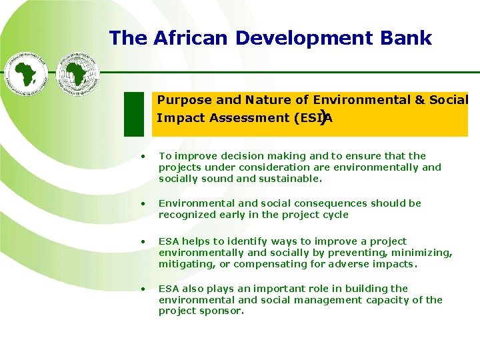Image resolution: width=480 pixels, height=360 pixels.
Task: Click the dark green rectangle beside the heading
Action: [x=135, y=113]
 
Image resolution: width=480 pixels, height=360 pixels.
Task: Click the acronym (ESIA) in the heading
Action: [x=313, y=118]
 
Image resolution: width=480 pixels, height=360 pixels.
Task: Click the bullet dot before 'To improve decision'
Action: [x=143, y=157]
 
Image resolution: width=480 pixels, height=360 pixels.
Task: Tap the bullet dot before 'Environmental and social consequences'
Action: [x=143, y=203]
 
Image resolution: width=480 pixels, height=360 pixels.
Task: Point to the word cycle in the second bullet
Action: [x=335, y=215]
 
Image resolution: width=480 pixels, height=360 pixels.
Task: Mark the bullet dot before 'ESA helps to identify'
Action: [x=143, y=241]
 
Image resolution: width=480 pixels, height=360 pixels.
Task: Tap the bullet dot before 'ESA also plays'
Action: [x=143, y=289]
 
